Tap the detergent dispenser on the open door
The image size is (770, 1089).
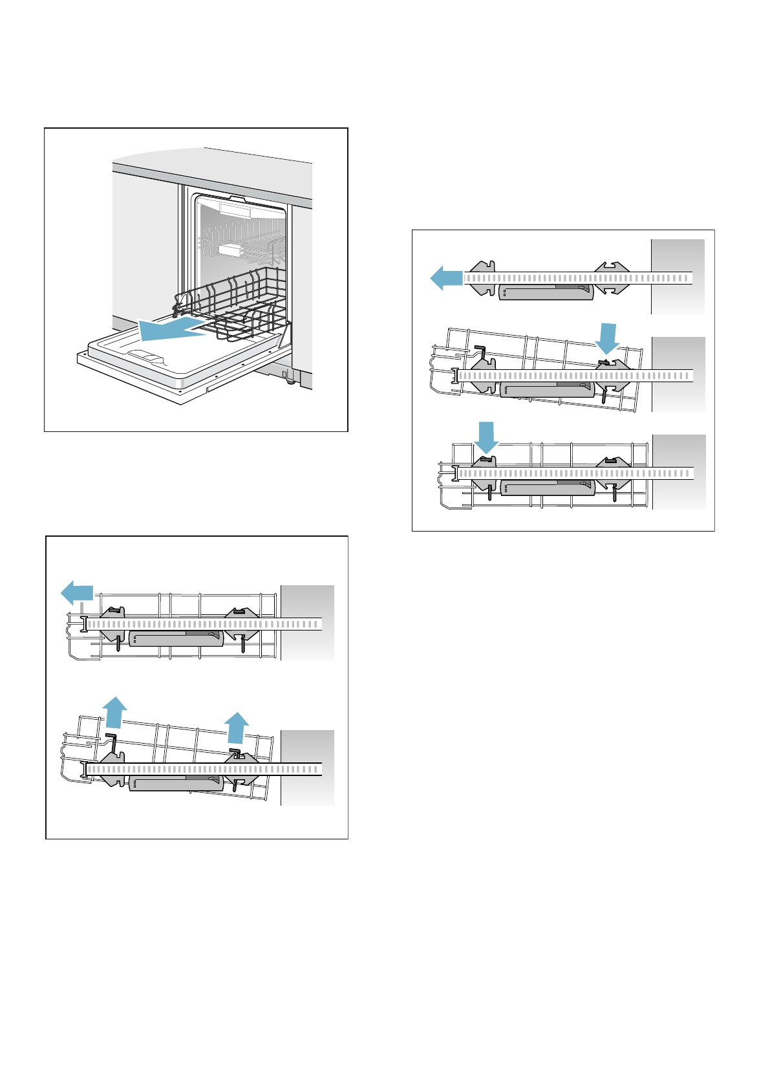(147, 355)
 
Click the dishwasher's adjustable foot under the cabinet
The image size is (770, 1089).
(289, 379)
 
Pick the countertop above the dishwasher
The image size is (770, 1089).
(213, 165)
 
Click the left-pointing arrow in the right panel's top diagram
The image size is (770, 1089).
(446, 278)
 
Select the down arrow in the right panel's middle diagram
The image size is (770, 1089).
(607, 338)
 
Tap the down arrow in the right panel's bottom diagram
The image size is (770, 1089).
(486, 437)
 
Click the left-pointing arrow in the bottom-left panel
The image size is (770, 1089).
(77, 592)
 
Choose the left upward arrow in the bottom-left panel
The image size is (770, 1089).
(115, 712)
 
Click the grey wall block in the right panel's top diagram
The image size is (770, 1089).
(678, 277)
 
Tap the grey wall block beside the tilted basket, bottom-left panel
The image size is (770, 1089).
(308, 768)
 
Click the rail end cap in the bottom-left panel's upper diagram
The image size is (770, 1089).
(84, 624)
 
